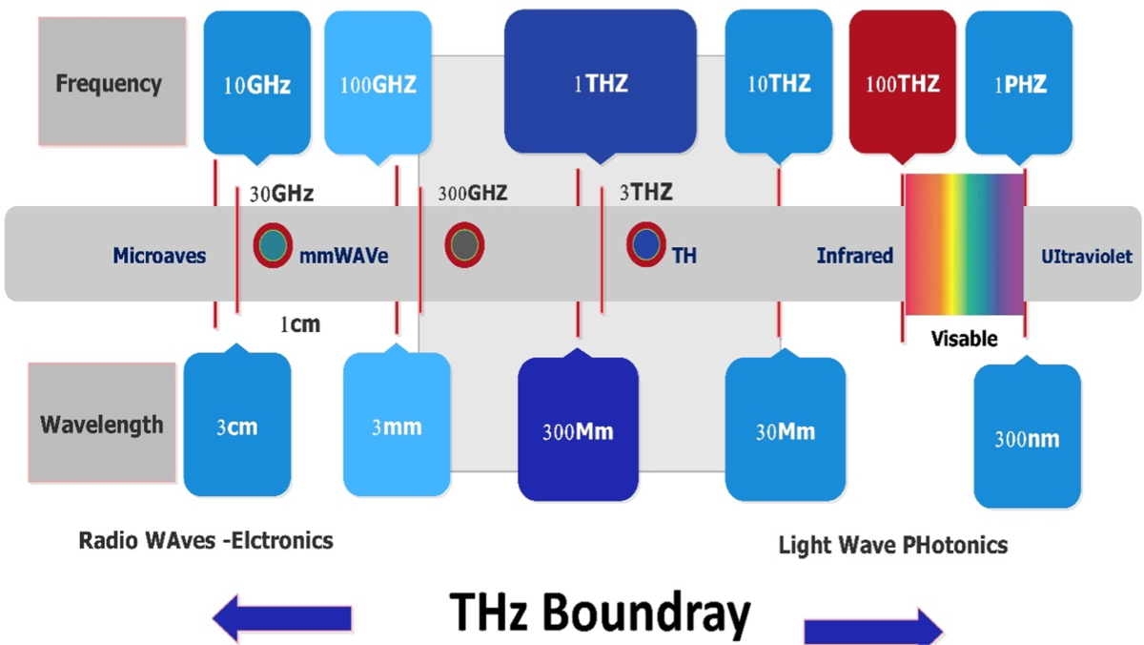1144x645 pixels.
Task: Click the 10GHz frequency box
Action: [256, 84]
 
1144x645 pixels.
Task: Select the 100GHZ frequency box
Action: [378, 84]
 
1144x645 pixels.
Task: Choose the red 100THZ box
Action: [902, 84]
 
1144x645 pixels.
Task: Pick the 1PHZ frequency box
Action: [1020, 84]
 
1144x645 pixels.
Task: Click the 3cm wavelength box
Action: [235, 426]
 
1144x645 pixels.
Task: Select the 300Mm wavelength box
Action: [577, 432]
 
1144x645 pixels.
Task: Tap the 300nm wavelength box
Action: [1027, 440]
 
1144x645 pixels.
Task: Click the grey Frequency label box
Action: [108, 84]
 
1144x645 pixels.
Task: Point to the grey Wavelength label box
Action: [102, 423]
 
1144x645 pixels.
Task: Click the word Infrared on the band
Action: [854, 256]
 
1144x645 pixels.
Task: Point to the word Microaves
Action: [159, 256]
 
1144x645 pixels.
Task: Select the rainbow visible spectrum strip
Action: [964, 244]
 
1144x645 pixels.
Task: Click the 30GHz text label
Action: [282, 194]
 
